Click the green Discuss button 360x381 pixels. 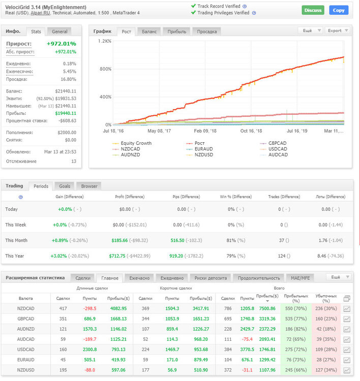[x=313, y=10]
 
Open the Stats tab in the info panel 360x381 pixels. [x=36, y=31]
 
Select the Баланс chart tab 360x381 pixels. [x=149, y=31]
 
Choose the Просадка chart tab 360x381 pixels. [x=207, y=31]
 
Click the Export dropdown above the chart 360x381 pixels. [x=338, y=30]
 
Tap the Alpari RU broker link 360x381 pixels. [x=40, y=13]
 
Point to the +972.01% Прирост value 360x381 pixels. [x=62, y=44]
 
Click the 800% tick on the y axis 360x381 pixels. [x=105, y=69]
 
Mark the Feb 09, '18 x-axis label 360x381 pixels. [x=205, y=131]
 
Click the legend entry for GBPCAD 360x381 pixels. [x=277, y=143]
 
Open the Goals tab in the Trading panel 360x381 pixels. [x=65, y=186]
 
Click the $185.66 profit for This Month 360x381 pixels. [x=119, y=240]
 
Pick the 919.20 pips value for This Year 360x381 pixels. [x=176, y=256]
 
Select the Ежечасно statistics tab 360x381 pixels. [x=139, y=278]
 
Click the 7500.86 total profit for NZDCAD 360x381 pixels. [x=267, y=308]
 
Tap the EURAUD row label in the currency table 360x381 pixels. [x=25, y=360]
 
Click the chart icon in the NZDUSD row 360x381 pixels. [x=347, y=370]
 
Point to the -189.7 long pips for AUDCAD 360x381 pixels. [x=90, y=339]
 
